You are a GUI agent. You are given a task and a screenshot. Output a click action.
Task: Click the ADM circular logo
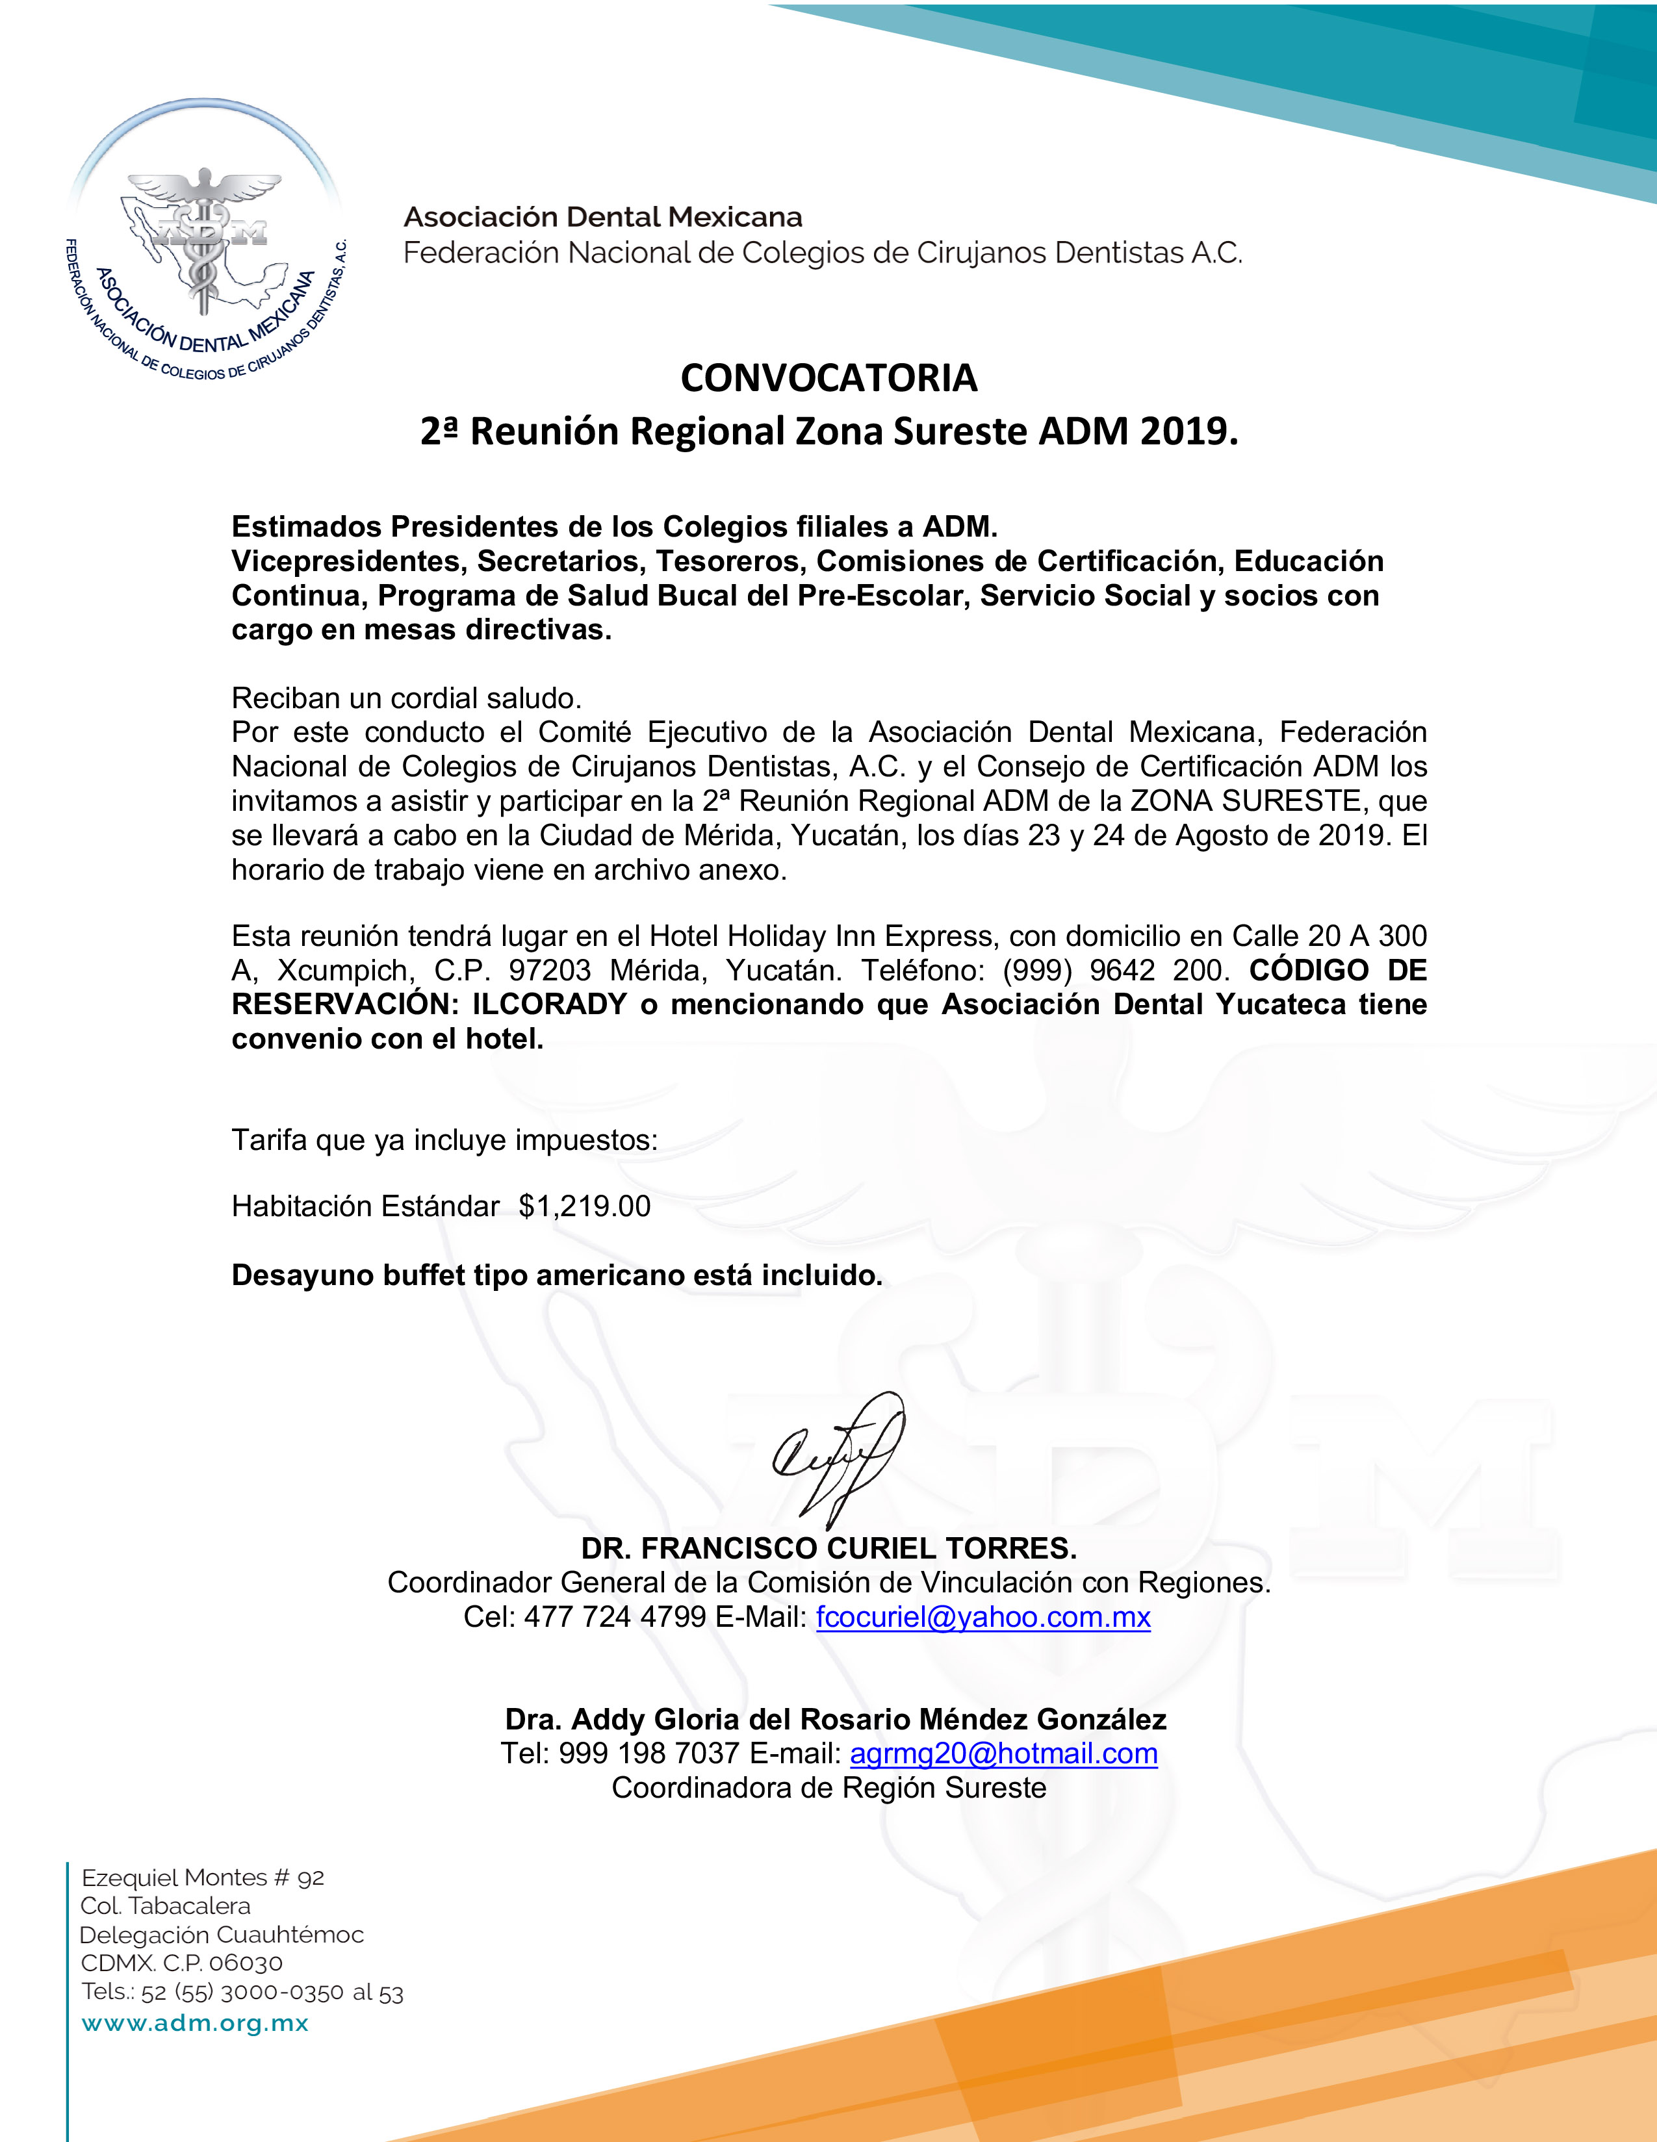[205, 245]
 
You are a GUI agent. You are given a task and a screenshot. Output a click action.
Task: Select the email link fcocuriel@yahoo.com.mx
[983, 1617]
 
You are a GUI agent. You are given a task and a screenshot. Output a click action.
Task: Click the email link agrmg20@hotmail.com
[1003, 1753]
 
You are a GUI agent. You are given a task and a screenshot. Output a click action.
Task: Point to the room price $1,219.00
[585, 1206]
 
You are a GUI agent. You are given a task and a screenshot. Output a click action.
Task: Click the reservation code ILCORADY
[549, 1004]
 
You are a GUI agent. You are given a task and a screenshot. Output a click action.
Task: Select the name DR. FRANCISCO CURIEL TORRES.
[829, 1549]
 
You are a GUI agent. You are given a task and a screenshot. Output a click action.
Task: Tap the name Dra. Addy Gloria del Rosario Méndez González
[836, 1719]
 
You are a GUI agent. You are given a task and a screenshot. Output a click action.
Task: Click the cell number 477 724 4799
[615, 1617]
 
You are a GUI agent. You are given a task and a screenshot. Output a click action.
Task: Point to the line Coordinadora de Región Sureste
[829, 1788]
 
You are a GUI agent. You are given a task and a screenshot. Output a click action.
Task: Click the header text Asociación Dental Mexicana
[604, 217]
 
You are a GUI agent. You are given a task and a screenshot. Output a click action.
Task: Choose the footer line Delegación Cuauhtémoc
[222, 1935]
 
